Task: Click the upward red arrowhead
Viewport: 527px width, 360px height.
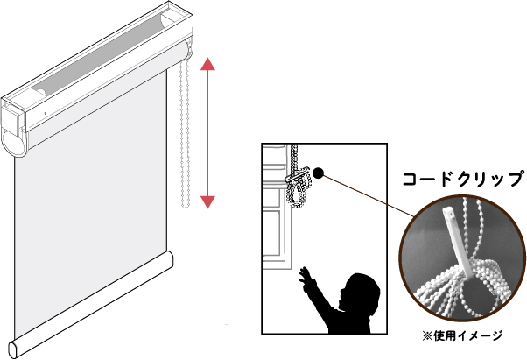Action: [207, 64]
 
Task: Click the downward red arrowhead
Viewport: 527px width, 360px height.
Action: [207, 202]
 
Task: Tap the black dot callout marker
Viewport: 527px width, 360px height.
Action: [318, 173]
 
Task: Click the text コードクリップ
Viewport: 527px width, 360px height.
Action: [464, 179]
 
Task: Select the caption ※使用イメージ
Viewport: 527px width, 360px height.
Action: [462, 335]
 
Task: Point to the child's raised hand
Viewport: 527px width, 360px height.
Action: [306, 276]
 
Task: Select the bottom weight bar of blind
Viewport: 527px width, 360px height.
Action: [91, 304]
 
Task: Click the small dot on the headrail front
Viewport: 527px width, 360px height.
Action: [46, 113]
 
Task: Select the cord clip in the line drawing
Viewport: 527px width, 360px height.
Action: [297, 175]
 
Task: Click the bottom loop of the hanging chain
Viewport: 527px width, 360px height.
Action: [186, 205]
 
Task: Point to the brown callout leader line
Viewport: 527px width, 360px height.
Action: [369, 195]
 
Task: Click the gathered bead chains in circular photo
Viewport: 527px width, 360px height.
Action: [471, 289]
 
